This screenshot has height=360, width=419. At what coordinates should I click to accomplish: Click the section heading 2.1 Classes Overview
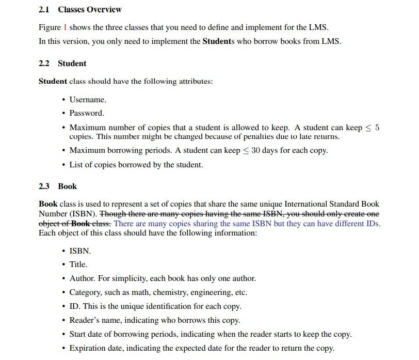[x=80, y=9]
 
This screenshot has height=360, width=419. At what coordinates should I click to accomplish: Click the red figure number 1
[x=65, y=27]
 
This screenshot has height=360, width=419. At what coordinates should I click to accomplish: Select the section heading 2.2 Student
[x=62, y=64]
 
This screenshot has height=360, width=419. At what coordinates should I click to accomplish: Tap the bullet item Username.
[x=88, y=99]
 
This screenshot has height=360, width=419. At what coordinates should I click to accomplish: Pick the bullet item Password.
[x=87, y=113]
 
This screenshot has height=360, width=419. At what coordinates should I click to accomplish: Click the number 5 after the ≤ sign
[x=377, y=128]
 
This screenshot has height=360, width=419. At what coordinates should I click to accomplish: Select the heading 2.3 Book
[x=58, y=186]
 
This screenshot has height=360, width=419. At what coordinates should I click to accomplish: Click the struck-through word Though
[x=112, y=214]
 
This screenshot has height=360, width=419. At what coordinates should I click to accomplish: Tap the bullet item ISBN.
[x=80, y=251]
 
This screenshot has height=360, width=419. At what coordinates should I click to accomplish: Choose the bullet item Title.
[x=78, y=264]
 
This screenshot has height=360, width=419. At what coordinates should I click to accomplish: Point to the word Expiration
[x=89, y=348]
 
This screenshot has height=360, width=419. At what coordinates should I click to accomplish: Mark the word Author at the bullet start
[x=82, y=278]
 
